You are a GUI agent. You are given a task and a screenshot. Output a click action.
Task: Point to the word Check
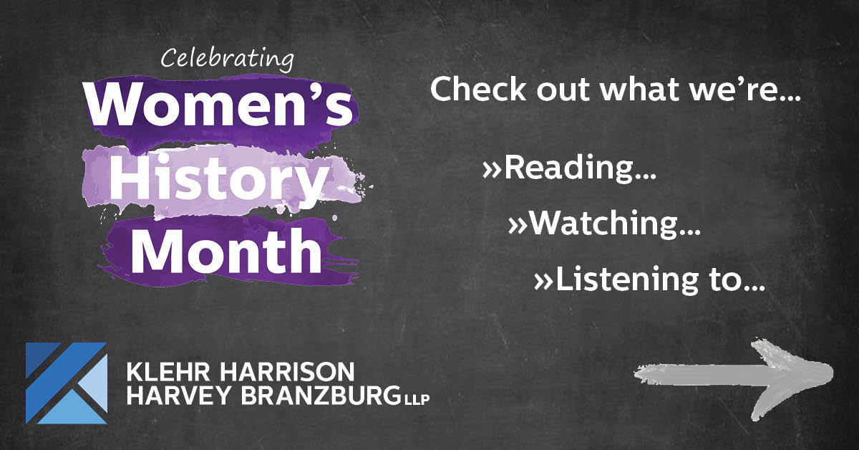click(478, 89)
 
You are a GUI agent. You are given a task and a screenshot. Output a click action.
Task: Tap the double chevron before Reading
click(492, 171)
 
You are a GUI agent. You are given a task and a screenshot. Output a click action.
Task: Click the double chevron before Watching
click(518, 226)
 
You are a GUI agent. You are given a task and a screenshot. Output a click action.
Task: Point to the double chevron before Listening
click(543, 282)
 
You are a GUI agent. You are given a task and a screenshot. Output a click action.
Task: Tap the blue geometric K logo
click(67, 383)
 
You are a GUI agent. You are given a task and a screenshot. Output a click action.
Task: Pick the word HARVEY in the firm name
click(178, 396)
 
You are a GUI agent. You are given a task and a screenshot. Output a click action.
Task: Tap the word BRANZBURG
click(321, 396)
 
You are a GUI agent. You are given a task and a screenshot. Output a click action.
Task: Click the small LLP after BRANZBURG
click(417, 400)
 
